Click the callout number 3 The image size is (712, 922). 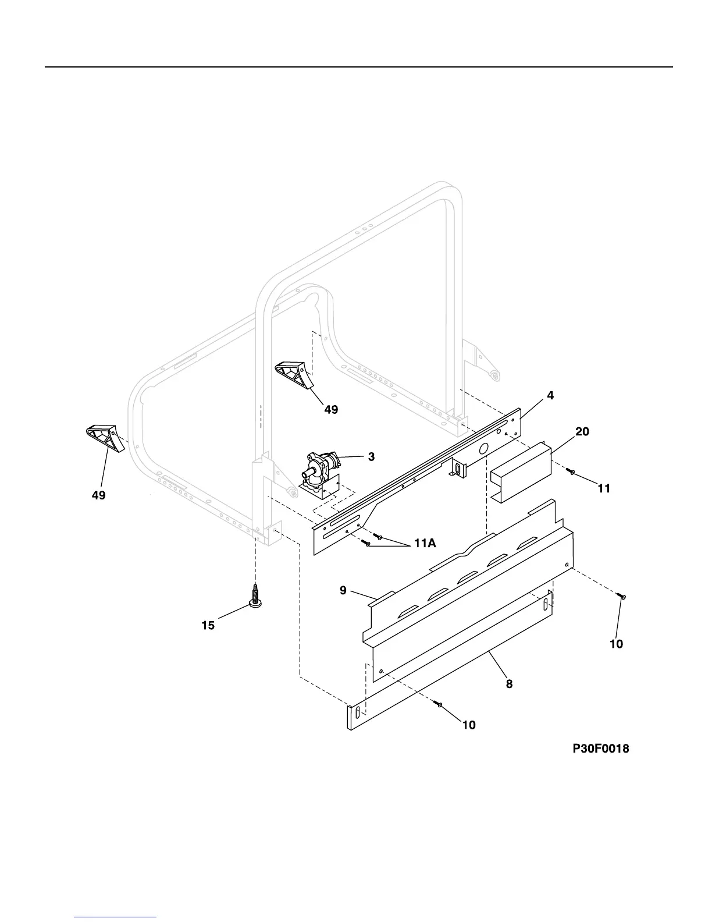pyautogui.click(x=371, y=457)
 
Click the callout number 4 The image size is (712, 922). pyautogui.click(x=550, y=396)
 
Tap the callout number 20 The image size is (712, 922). pyautogui.click(x=582, y=432)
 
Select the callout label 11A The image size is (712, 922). pyautogui.click(x=425, y=543)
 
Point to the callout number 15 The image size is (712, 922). pyautogui.click(x=208, y=626)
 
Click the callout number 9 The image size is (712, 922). pyautogui.click(x=343, y=591)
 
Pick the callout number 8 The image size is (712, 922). pyautogui.click(x=509, y=685)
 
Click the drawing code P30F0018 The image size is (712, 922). pyautogui.click(x=601, y=749)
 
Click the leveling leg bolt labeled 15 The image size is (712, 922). pyautogui.click(x=255, y=597)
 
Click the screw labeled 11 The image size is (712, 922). pyautogui.click(x=572, y=472)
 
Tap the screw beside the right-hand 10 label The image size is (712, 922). pyautogui.click(x=622, y=597)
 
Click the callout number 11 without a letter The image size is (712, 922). pyautogui.click(x=604, y=489)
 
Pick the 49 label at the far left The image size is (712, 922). pyautogui.click(x=98, y=495)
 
